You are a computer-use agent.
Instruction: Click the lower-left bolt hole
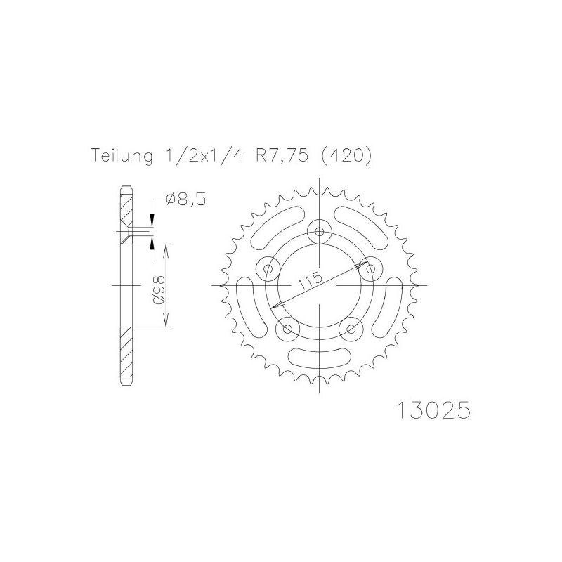tap(287, 328)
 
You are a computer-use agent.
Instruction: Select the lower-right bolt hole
tap(350, 328)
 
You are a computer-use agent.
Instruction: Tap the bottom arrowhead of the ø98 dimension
tap(166, 324)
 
